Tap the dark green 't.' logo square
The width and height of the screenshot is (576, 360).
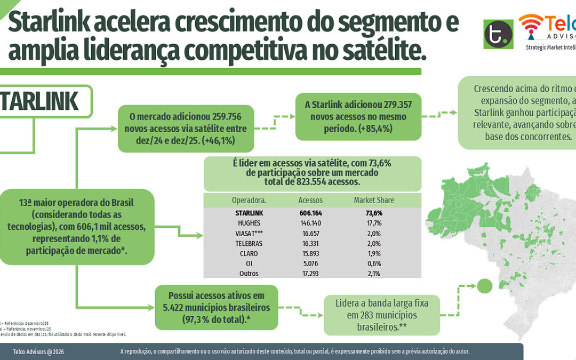pyautogui.click(x=498, y=34)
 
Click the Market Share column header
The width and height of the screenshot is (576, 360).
pyautogui.click(x=374, y=200)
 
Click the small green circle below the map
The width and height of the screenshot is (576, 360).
pyautogui.click(x=484, y=286)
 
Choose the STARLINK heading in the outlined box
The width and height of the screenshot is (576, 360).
pyautogui.click(x=40, y=101)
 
